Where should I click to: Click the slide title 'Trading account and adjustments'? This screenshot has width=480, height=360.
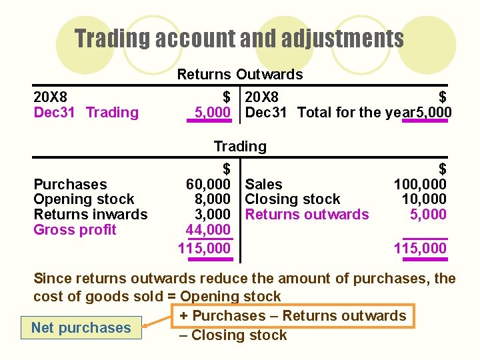(239, 38)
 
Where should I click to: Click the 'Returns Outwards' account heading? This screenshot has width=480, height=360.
(239, 74)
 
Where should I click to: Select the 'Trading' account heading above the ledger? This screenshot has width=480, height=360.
(239, 146)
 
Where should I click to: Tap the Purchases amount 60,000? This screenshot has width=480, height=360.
(209, 184)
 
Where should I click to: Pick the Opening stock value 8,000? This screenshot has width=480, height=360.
(213, 199)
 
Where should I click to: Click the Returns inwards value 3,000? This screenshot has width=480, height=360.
(213, 215)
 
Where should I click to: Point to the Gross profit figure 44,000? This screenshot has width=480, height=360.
(209, 230)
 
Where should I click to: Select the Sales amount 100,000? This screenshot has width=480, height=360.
(420, 184)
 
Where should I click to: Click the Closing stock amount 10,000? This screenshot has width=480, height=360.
(424, 199)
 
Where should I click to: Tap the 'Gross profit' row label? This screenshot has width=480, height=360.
(75, 230)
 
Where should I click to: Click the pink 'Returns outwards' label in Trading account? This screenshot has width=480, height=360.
(307, 215)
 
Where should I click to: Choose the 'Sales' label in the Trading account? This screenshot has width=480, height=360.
(264, 184)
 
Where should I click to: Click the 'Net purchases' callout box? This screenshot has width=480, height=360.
(81, 327)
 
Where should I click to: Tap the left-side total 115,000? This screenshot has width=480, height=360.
(205, 249)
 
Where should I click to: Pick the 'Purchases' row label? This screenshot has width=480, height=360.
(70, 184)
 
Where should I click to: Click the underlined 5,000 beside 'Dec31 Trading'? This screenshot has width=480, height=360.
(212, 113)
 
